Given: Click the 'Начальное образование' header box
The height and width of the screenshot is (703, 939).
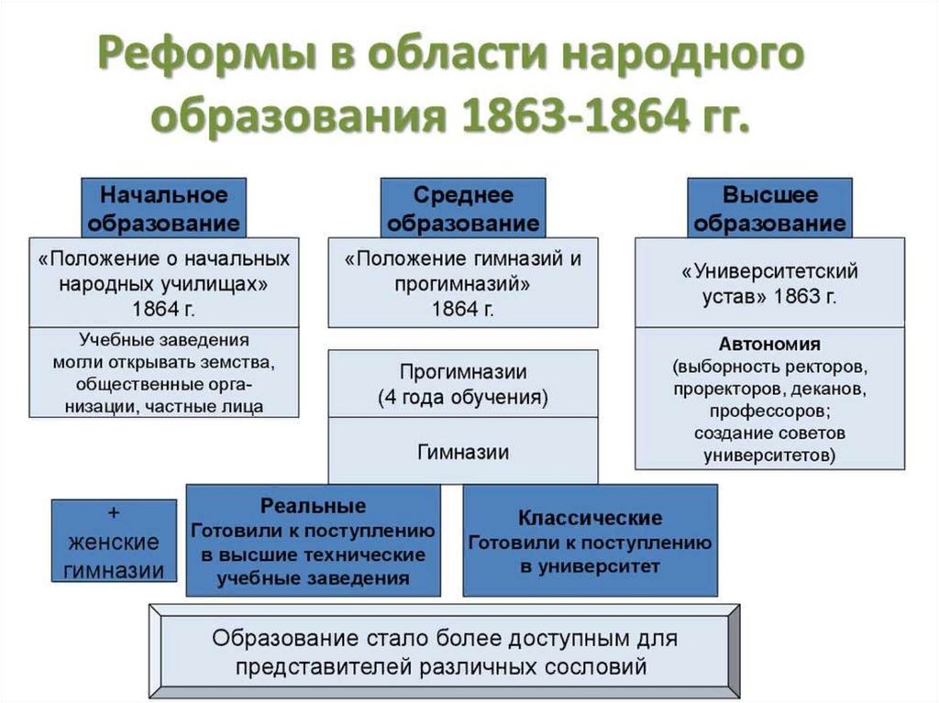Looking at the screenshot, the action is [x=163, y=208].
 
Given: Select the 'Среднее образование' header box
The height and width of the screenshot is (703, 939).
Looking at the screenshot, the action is [x=463, y=208].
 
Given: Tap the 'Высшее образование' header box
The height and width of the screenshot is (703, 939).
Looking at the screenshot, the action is [x=769, y=208].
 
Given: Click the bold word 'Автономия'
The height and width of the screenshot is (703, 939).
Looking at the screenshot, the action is [x=769, y=345].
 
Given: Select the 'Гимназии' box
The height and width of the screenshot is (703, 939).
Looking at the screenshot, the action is [x=463, y=452].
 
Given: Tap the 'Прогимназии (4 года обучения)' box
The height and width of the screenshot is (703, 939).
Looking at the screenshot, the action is [x=463, y=385].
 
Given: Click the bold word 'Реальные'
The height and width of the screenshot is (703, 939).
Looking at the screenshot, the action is [x=313, y=507].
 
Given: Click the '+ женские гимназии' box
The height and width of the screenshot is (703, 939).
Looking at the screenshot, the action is [x=114, y=541].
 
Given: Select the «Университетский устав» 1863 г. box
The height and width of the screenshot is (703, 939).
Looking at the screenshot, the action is [x=769, y=283].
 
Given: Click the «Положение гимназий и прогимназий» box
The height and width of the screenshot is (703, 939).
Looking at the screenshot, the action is [x=463, y=283].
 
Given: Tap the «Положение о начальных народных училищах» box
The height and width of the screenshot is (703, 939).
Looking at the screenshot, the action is [x=163, y=283].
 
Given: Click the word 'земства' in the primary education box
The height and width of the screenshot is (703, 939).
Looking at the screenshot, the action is [x=241, y=360].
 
